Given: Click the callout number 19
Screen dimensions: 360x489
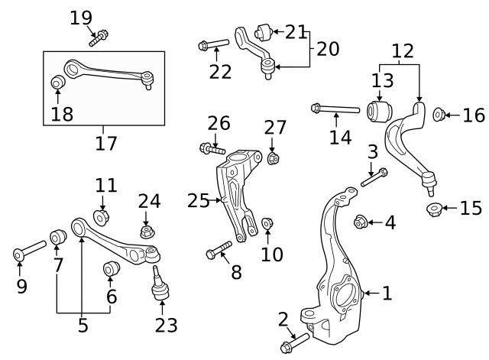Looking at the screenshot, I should [x=80, y=16].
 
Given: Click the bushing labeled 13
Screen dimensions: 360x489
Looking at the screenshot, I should [x=379, y=111].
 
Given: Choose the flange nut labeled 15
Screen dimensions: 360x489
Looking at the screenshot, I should [x=433, y=209].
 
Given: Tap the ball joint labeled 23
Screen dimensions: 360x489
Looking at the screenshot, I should [x=160, y=284].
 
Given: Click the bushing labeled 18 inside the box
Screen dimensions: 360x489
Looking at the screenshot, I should [x=57, y=83].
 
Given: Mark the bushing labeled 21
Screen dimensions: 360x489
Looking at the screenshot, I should [x=264, y=31].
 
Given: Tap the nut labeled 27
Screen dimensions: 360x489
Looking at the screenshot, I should [x=273, y=158].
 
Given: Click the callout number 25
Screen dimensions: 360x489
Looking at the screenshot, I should [x=198, y=201].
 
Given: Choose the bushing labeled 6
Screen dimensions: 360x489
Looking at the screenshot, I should [x=112, y=269].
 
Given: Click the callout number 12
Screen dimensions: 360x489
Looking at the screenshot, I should [x=403, y=51].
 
